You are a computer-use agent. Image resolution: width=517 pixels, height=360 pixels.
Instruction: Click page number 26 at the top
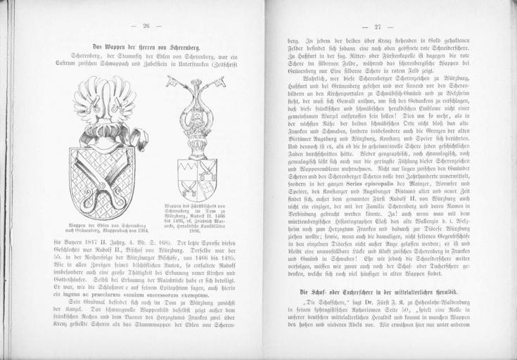click(x=147, y=26)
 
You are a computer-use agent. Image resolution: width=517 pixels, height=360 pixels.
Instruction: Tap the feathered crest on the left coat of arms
click(x=106, y=98)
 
